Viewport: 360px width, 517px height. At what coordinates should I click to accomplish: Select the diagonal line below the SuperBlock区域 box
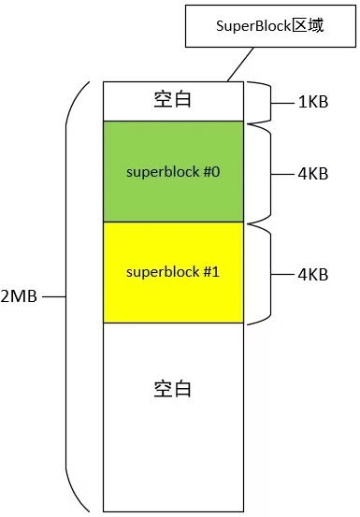[x=239, y=65]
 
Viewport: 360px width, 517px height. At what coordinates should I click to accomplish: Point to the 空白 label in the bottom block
[x=172, y=388]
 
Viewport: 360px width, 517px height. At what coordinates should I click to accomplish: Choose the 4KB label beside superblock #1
[x=312, y=274]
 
